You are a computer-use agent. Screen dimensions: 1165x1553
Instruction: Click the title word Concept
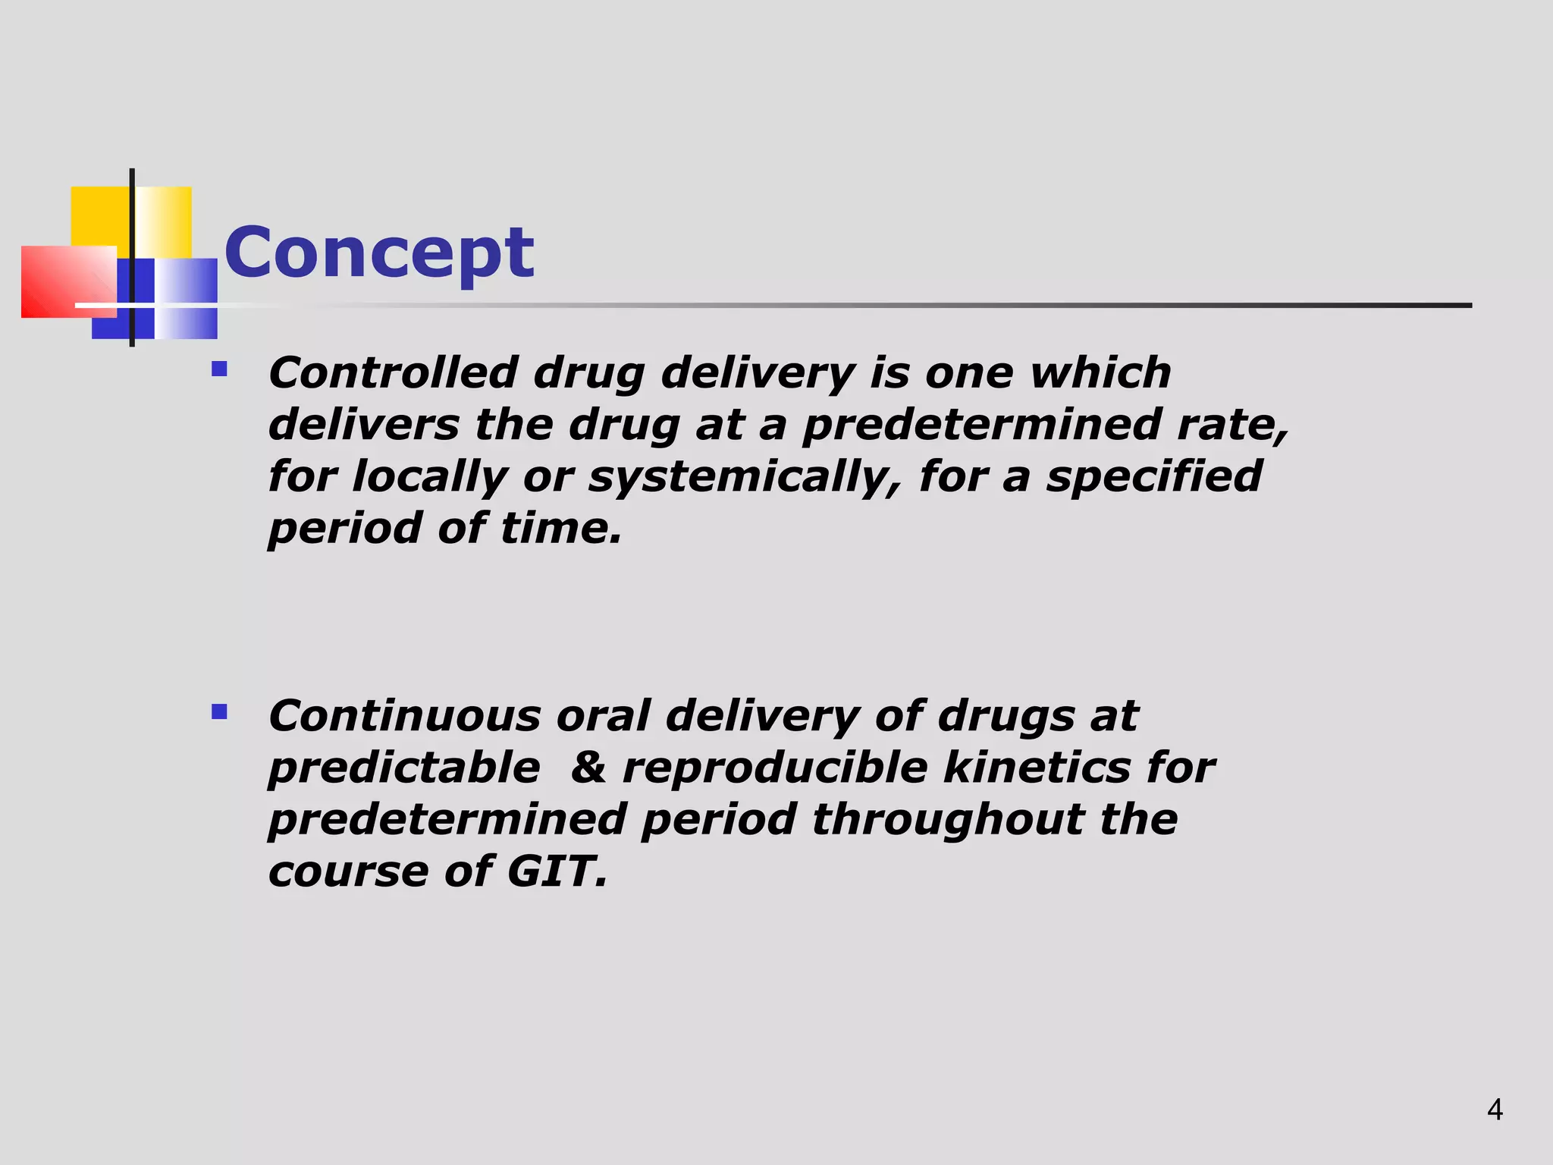[378, 253]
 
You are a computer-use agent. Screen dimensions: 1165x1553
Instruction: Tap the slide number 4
[1495, 1110]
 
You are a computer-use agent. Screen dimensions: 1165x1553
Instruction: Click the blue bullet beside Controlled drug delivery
[219, 369]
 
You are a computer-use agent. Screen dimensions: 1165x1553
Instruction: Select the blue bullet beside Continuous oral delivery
[219, 711]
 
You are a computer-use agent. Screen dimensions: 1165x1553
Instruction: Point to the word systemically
[744, 477]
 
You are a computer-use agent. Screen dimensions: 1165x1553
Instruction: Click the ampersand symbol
[588, 768]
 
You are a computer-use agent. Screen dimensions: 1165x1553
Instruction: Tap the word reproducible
[774, 768]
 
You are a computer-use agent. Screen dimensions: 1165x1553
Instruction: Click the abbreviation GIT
[556, 871]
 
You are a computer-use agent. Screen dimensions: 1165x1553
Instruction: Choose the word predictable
[404, 768]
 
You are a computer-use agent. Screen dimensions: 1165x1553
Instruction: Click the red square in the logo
[64, 281]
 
